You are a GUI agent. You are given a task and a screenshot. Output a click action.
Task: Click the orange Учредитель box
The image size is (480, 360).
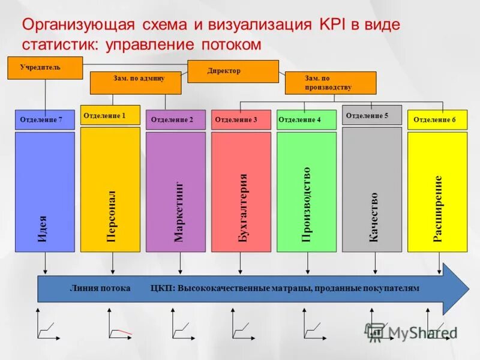tap(45, 68)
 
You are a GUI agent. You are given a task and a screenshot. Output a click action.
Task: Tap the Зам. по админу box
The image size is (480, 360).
tap(135, 83)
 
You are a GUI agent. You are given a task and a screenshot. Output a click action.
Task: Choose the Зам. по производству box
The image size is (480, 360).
tap(330, 83)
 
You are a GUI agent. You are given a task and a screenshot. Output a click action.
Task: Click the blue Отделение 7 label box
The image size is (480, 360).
tap(44, 120)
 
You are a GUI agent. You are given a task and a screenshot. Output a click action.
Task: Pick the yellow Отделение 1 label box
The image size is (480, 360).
tap(110, 115)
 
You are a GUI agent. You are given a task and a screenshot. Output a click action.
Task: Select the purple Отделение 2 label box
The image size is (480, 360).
tap(175, 120)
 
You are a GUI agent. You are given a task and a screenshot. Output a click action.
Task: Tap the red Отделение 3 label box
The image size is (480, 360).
tap(241, 120)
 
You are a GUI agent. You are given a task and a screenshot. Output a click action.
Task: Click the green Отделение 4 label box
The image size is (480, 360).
tap(306, 120)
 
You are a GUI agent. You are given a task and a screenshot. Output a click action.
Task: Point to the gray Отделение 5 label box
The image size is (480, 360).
tap(371, 115)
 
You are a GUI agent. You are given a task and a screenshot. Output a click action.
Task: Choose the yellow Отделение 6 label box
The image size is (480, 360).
tap(437, 120)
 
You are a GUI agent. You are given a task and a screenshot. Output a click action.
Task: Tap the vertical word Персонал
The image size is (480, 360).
tap(111, 216)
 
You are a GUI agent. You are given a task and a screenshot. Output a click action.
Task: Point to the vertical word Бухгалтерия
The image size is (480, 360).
tap(243, 208)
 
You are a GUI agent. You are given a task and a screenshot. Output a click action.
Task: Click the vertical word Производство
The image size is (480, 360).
tap(307, 204)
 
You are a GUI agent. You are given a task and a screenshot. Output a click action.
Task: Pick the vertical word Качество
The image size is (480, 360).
tap(373, 217)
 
